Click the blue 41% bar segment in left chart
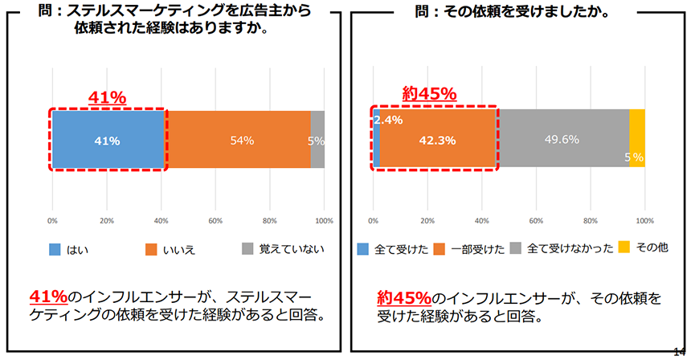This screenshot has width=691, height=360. point(108,140)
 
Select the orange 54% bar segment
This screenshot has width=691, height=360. point(239,140)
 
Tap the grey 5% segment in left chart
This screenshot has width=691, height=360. point(317,140)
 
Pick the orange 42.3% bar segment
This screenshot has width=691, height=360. point(437,140)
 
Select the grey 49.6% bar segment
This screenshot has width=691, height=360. point(562,140)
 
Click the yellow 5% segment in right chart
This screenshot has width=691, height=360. point(636,140)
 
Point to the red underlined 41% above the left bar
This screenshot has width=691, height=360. point(107,97)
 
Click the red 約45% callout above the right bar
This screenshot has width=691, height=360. point(428,93)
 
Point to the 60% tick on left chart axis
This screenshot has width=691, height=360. point(215,220)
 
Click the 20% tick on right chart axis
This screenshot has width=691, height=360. point(427,220)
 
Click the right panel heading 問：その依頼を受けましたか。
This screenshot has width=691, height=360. point(519,12)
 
